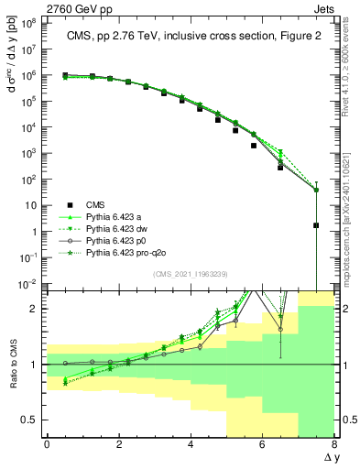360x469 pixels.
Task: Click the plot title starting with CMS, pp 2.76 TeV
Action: tap(188, 37)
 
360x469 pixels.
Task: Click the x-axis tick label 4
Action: tap(191, 444)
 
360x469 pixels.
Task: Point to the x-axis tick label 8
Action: tap(333, 444)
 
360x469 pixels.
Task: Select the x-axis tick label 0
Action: tap(47, 444)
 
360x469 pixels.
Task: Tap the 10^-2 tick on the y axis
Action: tap(27, 285)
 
